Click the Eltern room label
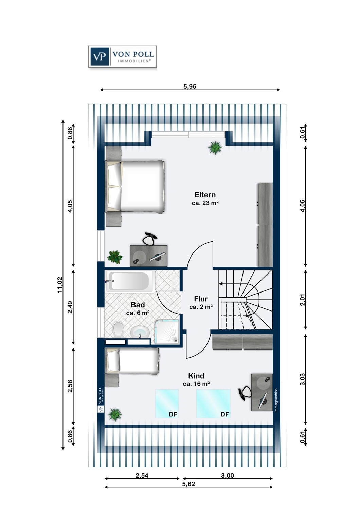point(205,195)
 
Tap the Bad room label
point(138,305)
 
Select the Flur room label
point(201,299)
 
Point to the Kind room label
point(196,376)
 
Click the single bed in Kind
point(132,361)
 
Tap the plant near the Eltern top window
point(215,148)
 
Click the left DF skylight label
point(173,414)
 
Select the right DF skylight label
point(224,414)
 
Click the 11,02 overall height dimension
point(60,285)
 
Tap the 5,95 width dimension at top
point(190,86)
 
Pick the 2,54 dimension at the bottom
point(142,475)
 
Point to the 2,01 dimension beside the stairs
point(303,300)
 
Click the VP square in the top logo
point(100,56)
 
